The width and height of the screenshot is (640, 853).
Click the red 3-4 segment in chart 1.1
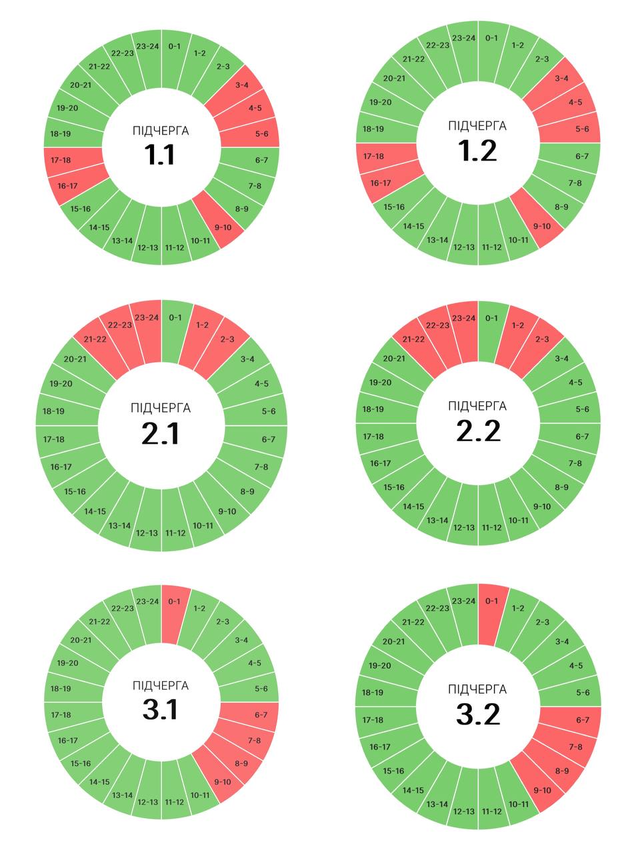point(241,85)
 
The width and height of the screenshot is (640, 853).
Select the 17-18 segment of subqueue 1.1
point(61,160)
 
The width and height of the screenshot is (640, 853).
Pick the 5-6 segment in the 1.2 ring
point(581,129)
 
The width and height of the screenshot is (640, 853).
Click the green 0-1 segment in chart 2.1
point(175,318)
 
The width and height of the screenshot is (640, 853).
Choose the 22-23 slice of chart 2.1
point(120,325)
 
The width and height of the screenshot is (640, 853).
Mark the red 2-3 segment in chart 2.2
point(541,339)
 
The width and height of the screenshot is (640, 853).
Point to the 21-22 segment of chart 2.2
point(413,339)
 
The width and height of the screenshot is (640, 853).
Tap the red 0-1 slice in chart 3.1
point(174,601)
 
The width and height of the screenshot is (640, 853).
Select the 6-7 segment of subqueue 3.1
point(261,715)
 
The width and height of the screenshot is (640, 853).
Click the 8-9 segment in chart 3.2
point(562,771)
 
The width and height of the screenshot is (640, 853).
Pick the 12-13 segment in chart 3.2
point(463,811)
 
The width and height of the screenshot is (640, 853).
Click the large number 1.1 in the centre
point(160,155)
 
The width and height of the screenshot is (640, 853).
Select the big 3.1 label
point(161,710)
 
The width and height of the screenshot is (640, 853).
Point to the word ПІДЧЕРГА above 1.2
point(477,126)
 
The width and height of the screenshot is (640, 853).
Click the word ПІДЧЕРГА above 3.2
point(477,689)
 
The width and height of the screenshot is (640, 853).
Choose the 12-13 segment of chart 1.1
point(147,248)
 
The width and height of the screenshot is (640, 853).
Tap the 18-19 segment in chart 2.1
point(53,411)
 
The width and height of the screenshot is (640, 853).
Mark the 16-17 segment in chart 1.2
point(380,183)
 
